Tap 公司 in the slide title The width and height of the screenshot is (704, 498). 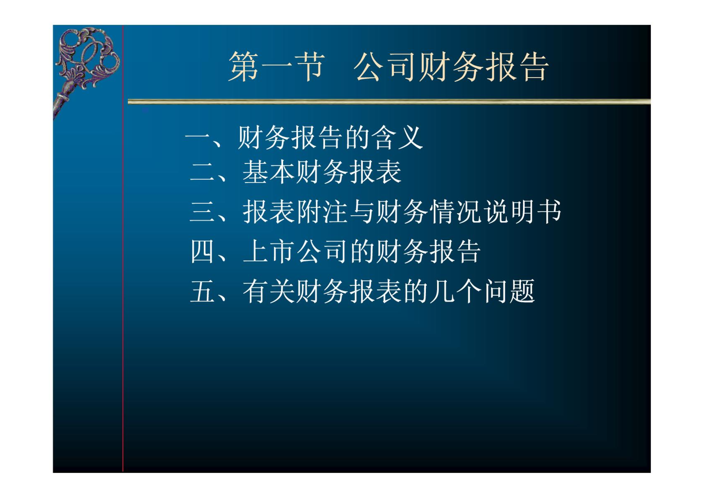(x=385, y=67)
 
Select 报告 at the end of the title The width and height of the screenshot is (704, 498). (x=516, y=67)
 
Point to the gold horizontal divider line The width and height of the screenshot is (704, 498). (x=389, y=102)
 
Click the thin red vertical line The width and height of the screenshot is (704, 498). (x=123, y=248)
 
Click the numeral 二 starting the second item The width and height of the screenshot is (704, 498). (x=202, y=172)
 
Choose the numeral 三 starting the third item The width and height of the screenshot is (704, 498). (x=202, y=212)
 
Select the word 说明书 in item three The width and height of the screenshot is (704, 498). (x=523, y=212)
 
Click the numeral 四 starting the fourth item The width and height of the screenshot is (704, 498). (x=202, y=251)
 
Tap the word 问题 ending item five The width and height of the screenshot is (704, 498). (x=510, y=291)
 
